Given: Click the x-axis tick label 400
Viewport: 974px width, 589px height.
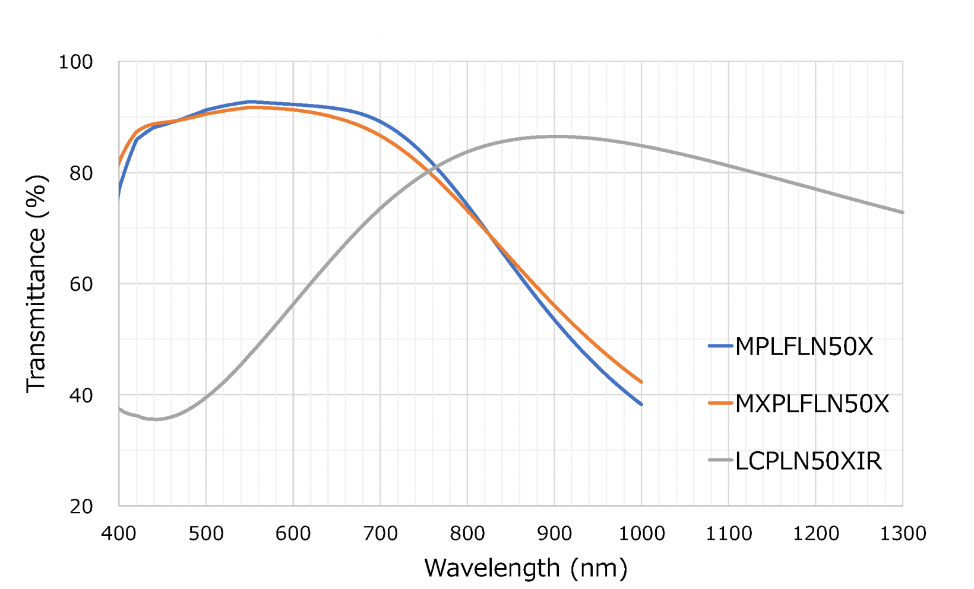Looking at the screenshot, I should (x=119, y=534).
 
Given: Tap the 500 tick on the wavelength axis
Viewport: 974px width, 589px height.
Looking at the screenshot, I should (x=206, y=534).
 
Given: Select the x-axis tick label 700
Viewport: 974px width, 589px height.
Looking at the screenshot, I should (x=380, y=534).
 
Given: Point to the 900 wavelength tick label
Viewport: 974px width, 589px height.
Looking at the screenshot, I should (x=554, y=534).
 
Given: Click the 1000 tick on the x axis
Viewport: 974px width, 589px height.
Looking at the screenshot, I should (x=641, y=534).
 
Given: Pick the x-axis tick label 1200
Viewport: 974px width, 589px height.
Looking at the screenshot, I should (x=815, y=534).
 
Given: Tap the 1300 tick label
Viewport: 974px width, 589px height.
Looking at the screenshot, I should (x=903, y=534).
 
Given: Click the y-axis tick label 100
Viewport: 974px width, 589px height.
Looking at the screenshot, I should (x=75, y=62).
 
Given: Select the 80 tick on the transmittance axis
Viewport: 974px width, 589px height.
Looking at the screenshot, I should (x=82, y=173).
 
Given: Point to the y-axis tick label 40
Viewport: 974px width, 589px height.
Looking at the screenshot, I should (x=82, y=395).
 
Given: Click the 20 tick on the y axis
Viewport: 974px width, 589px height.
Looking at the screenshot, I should (x=82, y=506).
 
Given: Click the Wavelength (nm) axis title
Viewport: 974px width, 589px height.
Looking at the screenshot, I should (x=526, y=568).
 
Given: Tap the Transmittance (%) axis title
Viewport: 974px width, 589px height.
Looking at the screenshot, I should (x=36, y=284).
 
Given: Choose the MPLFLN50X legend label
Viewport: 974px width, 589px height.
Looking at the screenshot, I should (x=804, y=347).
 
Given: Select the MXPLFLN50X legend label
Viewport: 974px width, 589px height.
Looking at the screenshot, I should (x=812, y=404).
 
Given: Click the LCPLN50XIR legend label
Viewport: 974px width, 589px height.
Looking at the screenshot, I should (x=808, y=461).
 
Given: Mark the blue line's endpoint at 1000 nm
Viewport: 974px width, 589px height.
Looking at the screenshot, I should (x=641, y=404).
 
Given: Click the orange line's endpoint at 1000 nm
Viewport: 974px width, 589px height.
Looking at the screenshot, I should (x=641, y=382).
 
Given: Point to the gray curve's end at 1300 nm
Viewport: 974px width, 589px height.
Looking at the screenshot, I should (x=903, y=212).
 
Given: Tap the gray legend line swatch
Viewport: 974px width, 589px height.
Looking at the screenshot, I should (x=720, y=460).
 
